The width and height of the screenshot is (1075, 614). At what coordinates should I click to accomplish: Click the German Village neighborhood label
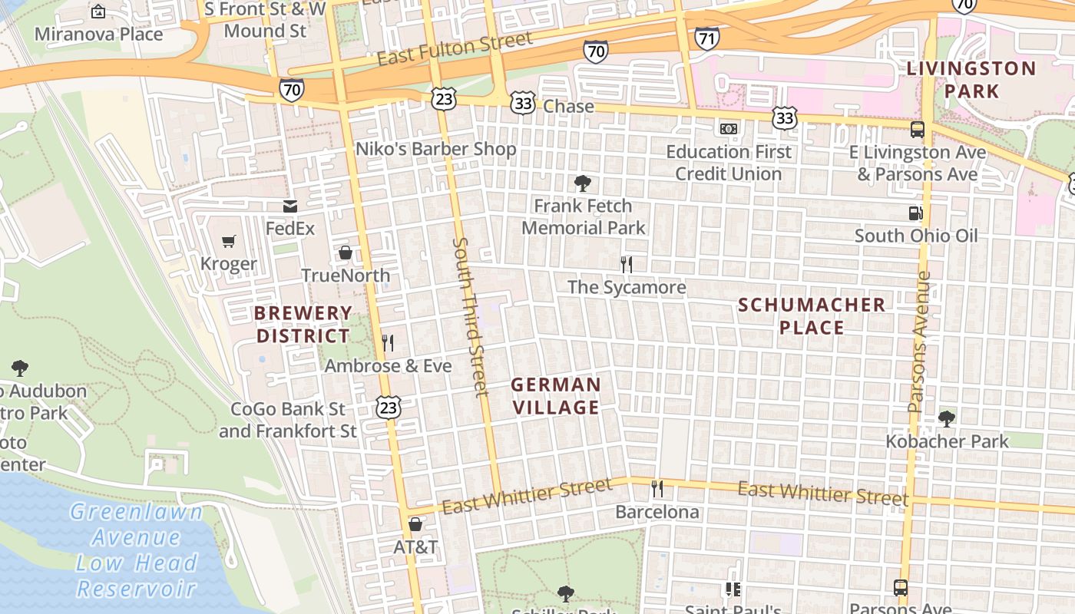(556, 396)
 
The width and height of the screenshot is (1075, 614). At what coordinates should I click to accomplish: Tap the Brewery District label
(303, 325)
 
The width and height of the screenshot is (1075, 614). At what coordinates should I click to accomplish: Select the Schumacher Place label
(812, 316)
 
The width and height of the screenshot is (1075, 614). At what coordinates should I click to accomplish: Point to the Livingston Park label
(971, 80)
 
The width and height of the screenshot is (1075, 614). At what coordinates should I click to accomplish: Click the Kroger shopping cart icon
(228, 243)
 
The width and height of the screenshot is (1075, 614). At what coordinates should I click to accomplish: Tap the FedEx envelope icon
(290, 206)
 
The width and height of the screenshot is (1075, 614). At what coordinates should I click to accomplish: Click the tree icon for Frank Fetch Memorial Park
(583, 183)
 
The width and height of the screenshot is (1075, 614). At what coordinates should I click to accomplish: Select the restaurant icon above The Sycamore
(627, 265)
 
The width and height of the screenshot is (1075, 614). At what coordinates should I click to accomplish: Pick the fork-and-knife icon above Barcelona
(657, 489)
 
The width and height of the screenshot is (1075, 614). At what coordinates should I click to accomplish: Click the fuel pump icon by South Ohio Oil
(915, 213)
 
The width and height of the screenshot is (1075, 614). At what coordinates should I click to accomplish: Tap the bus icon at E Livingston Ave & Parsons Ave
(917, 129)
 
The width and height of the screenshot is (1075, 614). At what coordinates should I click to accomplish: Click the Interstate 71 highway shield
(706, 37)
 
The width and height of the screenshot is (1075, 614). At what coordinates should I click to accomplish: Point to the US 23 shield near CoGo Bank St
(389, 408)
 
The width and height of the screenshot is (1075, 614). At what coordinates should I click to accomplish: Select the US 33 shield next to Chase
(523, 105)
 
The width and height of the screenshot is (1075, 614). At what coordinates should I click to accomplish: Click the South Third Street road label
(471, 316)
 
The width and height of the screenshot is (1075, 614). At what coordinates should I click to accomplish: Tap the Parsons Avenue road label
(918, 342)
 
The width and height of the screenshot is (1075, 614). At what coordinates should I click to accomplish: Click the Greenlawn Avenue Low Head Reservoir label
(137, 550)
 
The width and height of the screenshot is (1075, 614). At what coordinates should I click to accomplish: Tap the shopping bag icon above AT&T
(415, 525)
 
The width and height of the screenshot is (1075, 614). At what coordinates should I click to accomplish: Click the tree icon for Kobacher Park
(947, 419)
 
